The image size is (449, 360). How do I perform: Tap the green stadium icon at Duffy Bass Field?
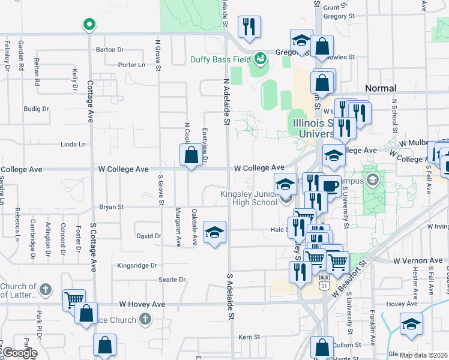pyautogui.click(x=260, y=59)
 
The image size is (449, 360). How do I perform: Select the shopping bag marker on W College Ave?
pyautogui.click(x=190, y=156)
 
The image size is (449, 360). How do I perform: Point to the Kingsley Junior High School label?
pyautogui.click(x=249, y=198)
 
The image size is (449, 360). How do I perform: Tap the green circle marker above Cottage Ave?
pyautogui.click(x=89, y=25)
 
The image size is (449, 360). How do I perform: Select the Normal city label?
pyautogui.click(x=381, y=88)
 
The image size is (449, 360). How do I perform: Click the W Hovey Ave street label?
pyautogui.click(x=142, y=305)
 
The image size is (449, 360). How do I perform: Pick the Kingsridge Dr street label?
pyautogui.click(x=137, y=265)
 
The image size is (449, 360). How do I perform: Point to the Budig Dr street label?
pyautogui.click(x=36, y=109)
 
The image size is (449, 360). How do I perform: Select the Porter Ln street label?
pyautogui.click(x=132, y=65)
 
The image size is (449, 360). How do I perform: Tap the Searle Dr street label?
pyautogui.click(x=172, y=280)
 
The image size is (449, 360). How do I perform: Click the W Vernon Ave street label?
pyautogui.click(x=418, y=261)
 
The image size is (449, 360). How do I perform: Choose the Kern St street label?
pyautogui.click(x=249, y=338)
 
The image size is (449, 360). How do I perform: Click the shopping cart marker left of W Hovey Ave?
pyautogui.click(x=74, y=299)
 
